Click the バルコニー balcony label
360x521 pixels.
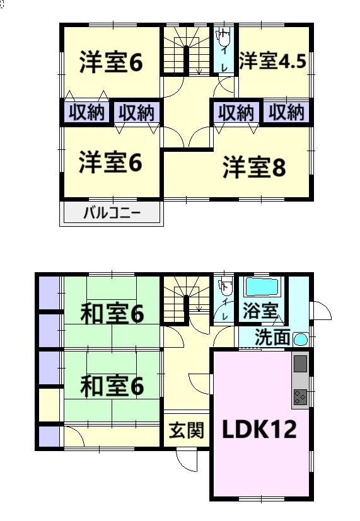coord(112,213)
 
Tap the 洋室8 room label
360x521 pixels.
coord(254,167)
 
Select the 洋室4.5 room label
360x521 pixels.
coord(272,61)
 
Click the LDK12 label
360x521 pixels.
coord(259,428)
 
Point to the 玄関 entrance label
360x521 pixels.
coord(187,431)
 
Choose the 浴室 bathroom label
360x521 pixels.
coord(260,311)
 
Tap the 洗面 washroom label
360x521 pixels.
coord(272,337)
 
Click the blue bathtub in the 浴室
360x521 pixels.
coord(262,287)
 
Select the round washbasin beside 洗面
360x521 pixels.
coord(301,340)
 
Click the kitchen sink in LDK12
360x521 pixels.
coord(300,364)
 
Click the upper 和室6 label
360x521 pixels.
coord(112,313)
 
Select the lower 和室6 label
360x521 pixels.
coord(112,386)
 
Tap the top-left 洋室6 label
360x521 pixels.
coord(111,62)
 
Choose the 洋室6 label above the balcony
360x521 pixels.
coord(111,163)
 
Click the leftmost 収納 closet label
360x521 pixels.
coord(86,113)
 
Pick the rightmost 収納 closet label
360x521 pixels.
coord(286,112)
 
